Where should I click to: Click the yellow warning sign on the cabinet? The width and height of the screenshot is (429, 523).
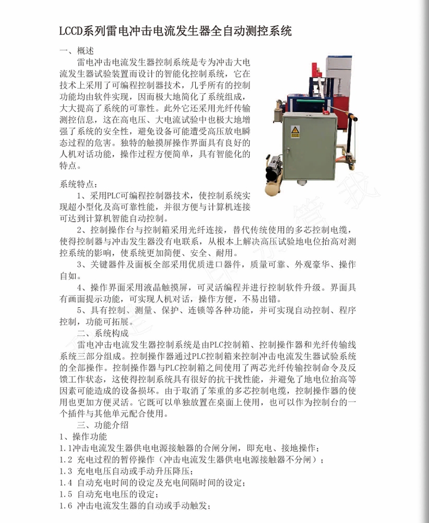click(x=295, y=131)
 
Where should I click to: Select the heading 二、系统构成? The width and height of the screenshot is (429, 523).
click(x=103, y=332)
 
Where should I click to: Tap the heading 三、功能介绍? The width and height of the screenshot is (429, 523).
click(x=103, y=424)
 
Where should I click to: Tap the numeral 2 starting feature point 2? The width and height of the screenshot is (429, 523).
click(x=79, y=230)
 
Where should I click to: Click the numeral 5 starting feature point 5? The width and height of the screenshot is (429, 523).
click(x=79, y=310)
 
